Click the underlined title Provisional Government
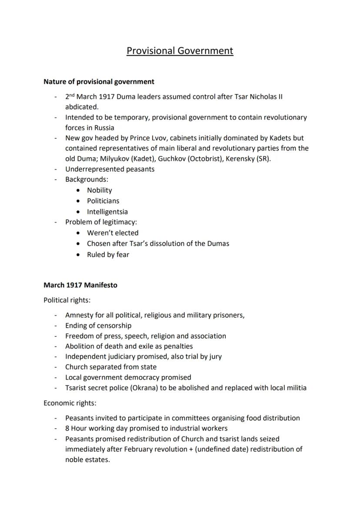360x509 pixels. [180, 51]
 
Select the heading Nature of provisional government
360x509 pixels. [99, 81]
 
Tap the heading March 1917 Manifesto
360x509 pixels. [80, 285]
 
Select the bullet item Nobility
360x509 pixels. [99, 190]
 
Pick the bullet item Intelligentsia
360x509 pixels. [107, 212]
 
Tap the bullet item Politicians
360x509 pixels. [103, 201]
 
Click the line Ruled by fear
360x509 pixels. [108, 255]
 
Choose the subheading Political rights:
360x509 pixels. [67, 300]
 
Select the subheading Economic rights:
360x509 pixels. [69, 403]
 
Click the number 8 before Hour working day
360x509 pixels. [67, 428]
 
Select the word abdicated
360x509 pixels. [82, 106]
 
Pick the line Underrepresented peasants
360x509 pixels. [110, 169]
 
